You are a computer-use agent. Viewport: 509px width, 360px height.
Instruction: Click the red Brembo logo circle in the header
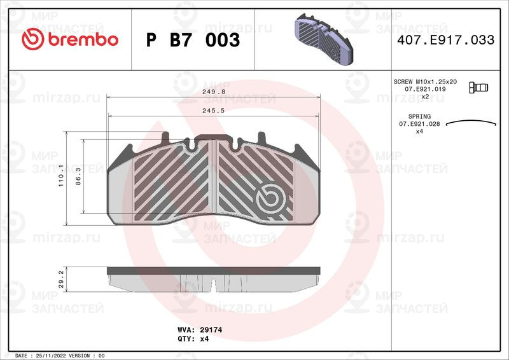pyautogui.click(x=33, y=39)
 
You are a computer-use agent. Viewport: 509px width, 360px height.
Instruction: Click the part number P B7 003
pyautogui.click(x=193, y=40)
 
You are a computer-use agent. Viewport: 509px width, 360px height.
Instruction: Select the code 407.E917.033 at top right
pyautogui.click(x=446, y=40)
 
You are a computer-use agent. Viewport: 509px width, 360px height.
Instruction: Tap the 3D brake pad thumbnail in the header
pyautogui.click(x=323, y=39)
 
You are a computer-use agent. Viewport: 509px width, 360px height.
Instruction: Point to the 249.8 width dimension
pyautogui.click(x=214, y=92)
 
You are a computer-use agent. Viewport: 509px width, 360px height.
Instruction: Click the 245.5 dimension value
pyautogui.click(x=214, y=111)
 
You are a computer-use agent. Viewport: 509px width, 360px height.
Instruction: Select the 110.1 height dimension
pyautogui.click(x=61, y=176)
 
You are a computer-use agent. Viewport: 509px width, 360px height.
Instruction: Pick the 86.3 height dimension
pyautogui.click(x=78, y=177)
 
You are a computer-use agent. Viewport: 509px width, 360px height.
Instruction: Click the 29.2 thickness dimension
pyautogui.click(x=61, y=279)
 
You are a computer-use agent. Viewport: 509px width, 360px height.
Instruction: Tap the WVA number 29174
pyautogui.click(x=211, y=330)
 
